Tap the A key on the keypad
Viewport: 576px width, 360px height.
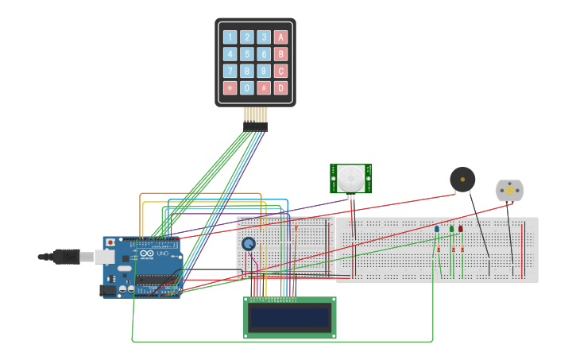280,37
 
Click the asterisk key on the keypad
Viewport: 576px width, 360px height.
230,87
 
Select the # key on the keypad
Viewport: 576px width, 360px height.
264,87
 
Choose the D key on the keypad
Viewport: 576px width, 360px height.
280,87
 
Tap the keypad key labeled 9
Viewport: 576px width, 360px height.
264,71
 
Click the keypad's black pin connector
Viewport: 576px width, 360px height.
255,126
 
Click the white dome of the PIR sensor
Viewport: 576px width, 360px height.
350,177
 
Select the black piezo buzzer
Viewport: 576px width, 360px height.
462,180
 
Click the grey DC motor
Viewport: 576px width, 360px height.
509,191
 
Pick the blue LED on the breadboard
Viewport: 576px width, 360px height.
437,229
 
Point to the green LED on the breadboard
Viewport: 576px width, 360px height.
452,229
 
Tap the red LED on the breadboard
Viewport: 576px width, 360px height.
460,229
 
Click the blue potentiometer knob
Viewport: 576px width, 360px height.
249,244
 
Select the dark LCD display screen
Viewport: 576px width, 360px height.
289,318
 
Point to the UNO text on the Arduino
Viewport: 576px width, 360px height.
163,254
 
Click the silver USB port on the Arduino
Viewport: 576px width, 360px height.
104,257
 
